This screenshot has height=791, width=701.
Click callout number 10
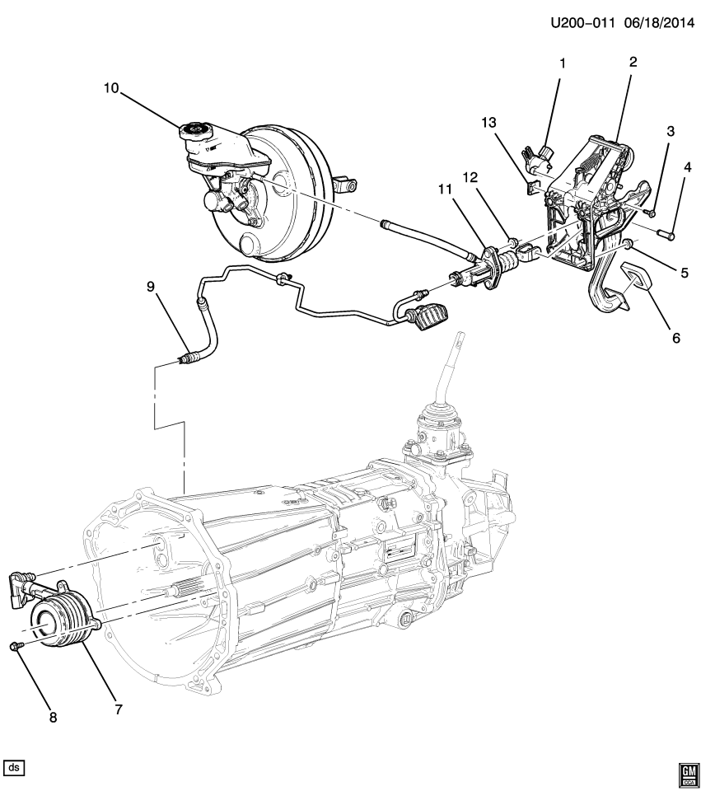[111, 87]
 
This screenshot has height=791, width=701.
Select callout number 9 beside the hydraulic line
[151, 287]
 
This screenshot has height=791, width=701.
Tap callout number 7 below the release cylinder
[119, 709]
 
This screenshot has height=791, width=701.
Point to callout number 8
[54, 717]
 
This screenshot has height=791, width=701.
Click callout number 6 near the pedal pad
[675, 337]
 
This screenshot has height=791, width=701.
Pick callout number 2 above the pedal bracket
[633, 62]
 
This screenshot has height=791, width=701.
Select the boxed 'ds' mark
[15, 768]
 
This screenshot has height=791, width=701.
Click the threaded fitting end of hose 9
[189, 358]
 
